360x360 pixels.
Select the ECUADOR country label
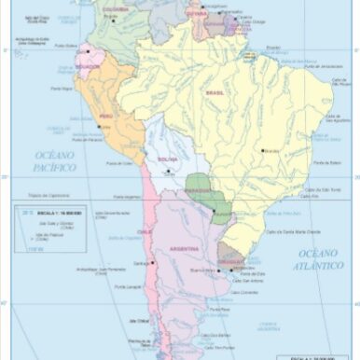pos(88,67)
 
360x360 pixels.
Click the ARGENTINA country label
pos(183,250)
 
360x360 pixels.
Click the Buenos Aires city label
pos(202,270)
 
